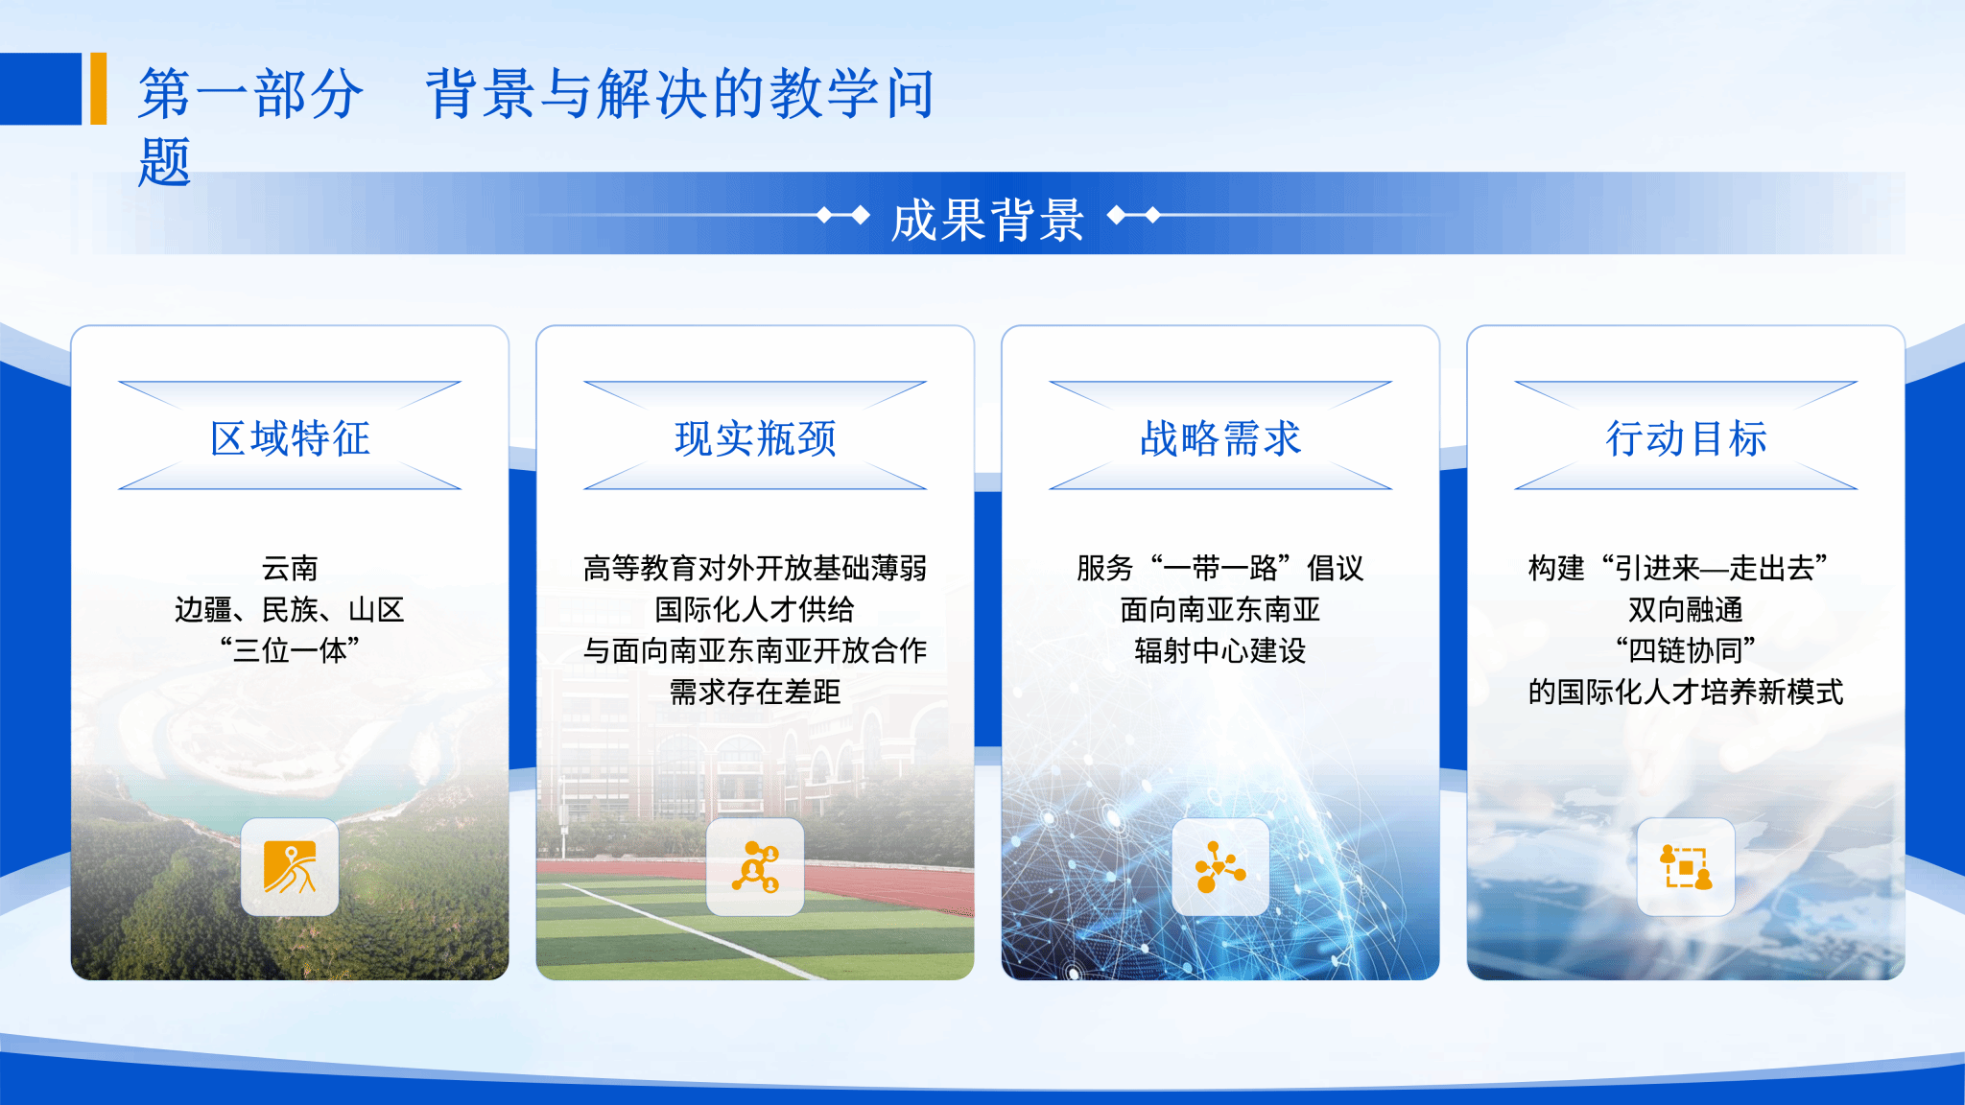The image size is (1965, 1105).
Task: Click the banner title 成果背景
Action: point(987,220)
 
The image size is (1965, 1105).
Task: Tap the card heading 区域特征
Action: point(290,438)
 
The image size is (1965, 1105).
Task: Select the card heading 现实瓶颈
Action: point(755,438)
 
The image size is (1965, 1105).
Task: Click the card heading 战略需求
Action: point(1220,438)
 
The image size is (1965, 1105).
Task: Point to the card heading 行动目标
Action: point(1686,438)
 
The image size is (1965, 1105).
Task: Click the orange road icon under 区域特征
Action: point(290,867)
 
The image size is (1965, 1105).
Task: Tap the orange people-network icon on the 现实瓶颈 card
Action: point(755,867)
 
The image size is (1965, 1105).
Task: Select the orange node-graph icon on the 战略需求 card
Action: point(1220,867)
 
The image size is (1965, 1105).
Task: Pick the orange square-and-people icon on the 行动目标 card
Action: point(1686,867)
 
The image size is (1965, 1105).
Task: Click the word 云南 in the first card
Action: point(290,568)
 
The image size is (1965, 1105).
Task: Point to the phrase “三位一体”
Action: point(290,650)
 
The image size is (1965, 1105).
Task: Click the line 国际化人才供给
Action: point(755,609)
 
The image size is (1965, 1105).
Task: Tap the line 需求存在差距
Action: point(755,692)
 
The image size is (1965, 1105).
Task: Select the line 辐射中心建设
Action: point(1220,650)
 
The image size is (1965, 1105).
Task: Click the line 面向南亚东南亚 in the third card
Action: point(1220,609)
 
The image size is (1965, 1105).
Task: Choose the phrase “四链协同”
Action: point(1686,650)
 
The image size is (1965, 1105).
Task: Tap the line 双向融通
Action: point(1686,609)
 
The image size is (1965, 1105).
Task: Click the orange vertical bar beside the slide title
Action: point(98,88)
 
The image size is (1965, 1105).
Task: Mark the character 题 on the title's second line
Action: point(165,161)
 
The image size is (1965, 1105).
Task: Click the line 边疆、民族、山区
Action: point(290,609)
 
